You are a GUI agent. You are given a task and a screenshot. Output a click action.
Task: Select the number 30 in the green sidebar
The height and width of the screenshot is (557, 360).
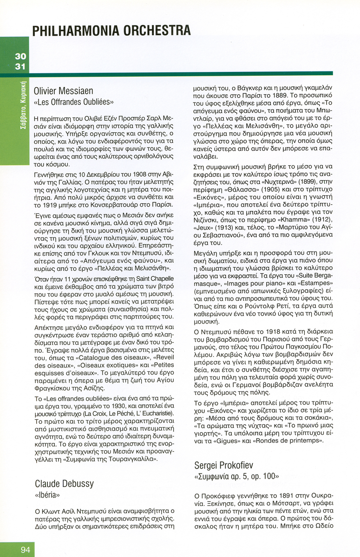[x=20, y=57]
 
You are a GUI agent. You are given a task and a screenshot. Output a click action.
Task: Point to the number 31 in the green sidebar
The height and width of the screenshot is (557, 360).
[x=20, y=66]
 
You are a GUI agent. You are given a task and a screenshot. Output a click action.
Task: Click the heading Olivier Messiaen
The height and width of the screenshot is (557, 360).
[x=64, y=91]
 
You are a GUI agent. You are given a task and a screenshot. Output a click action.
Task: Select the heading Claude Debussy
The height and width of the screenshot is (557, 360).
[x=64, y=484]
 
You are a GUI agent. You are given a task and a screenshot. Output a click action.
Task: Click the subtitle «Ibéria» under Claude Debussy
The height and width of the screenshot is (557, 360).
[x=47, y=495]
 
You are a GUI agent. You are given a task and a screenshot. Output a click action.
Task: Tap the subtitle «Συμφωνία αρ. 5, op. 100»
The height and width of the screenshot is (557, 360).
[x=236, y=477]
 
